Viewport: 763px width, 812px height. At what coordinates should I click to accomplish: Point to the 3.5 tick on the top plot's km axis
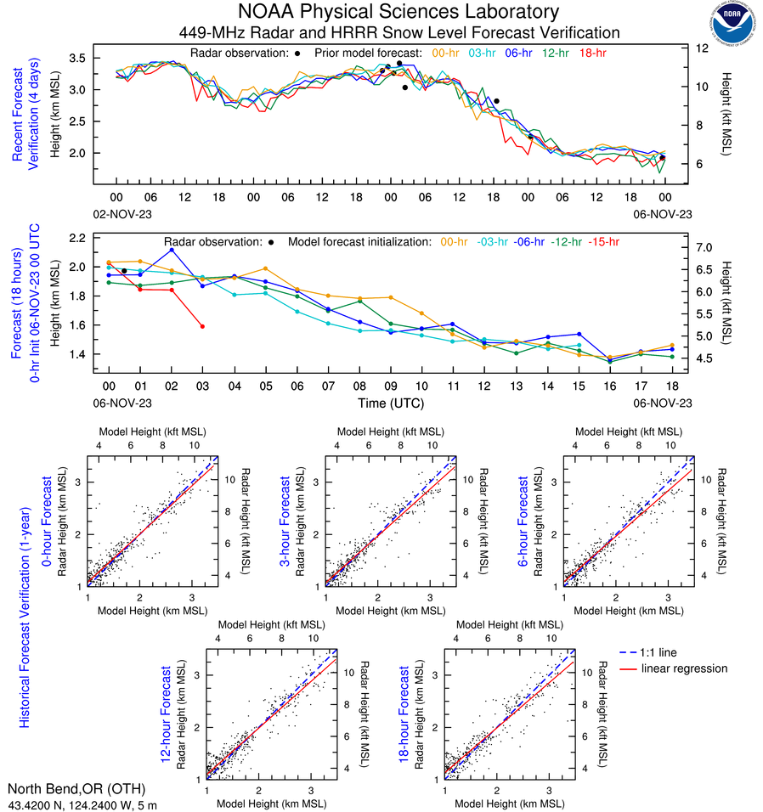coord(80,58)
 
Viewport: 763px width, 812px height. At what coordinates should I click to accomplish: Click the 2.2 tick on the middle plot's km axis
coord(80,238)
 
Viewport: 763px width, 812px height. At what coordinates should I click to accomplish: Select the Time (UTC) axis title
coord(389,403)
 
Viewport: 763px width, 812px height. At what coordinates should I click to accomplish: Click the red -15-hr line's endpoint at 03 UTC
coord(202,326)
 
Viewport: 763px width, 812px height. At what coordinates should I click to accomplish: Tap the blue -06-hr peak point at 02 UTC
coord(172,250)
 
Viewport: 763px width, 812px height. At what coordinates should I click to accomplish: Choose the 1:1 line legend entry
coord(661,652)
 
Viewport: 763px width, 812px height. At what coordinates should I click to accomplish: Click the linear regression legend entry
coord(684,669)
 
